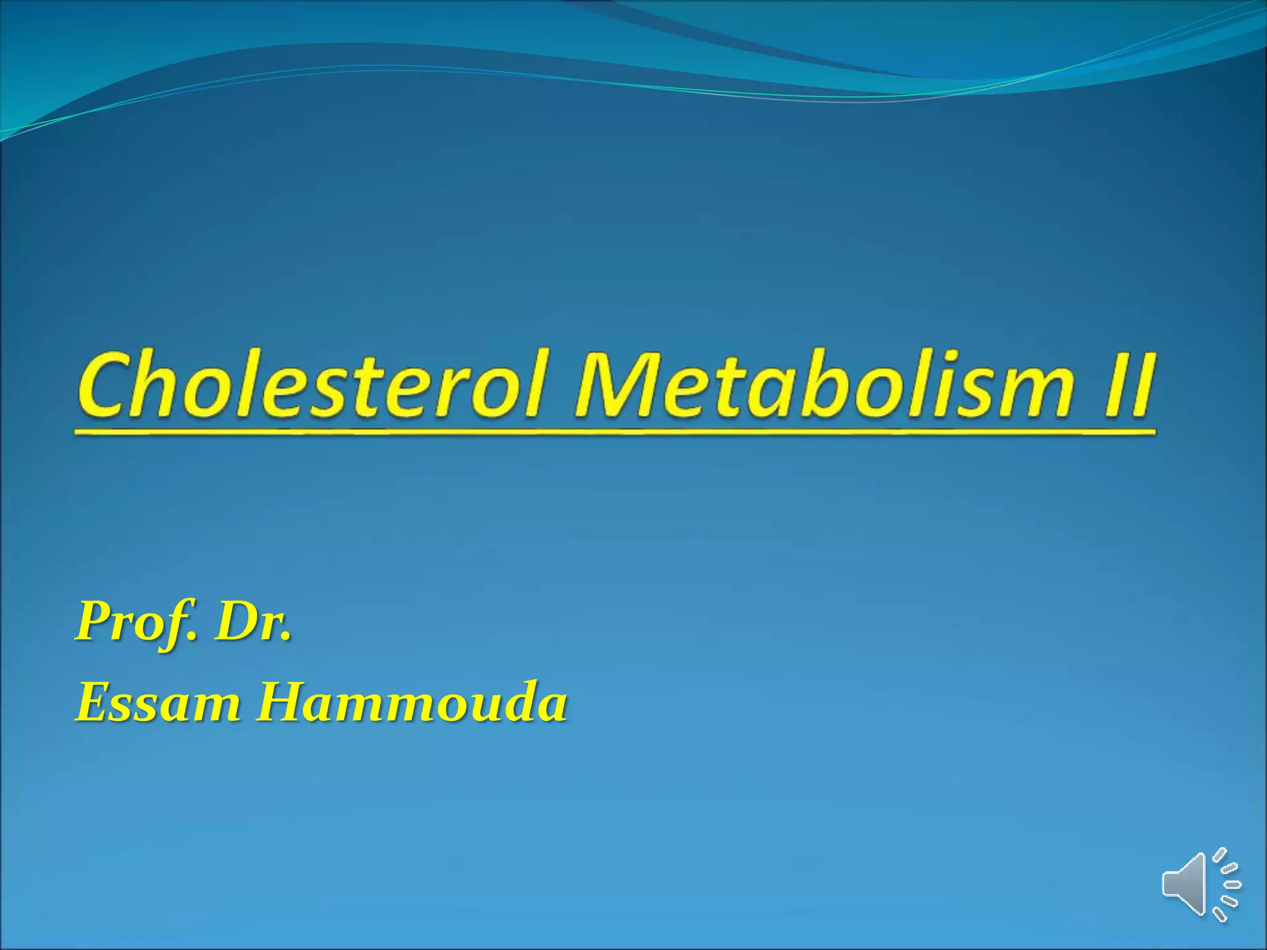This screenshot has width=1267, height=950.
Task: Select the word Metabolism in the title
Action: [823, 384]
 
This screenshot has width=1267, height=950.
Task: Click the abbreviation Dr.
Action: [251, 622]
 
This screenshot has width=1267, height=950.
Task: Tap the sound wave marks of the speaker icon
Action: [1227, 884]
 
